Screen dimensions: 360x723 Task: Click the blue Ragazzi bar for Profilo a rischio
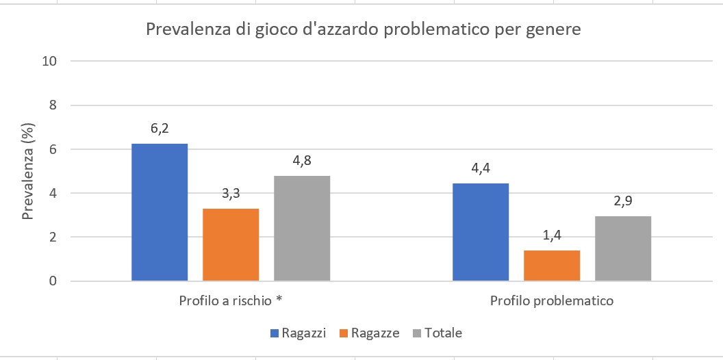point(160,212)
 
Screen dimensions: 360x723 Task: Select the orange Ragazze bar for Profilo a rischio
point(231,244)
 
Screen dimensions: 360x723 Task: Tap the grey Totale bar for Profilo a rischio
point(302,228)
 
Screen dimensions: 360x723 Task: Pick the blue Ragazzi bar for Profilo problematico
point(481,232)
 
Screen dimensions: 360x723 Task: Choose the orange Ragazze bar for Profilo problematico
point(552,266)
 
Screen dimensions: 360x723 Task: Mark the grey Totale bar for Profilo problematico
point(623,248)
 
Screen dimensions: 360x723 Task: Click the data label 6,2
point(160,128)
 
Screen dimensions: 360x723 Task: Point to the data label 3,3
point(231,193)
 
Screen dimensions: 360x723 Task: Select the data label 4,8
point(302,161)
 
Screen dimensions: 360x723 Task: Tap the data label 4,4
point(481,168)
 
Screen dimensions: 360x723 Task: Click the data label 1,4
point(552,235)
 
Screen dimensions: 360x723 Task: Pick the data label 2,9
point(623,201)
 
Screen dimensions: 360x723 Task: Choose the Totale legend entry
point(437,333)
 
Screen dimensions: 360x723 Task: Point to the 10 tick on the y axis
point(48,61)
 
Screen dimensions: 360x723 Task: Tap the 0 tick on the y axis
point(51,281)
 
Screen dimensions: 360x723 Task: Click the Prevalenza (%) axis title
point(28,170)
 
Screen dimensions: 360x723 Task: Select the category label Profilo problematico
point(552,301)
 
